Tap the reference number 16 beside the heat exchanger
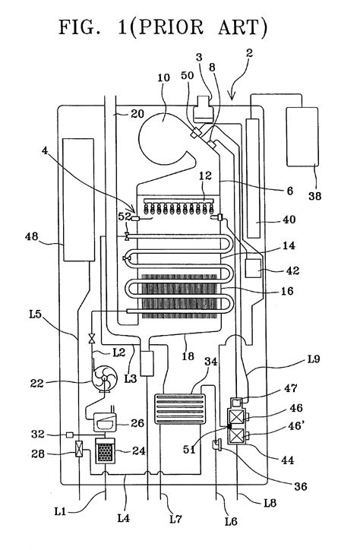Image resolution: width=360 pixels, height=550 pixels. point(273,289)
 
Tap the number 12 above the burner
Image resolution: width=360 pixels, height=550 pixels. point(206,176)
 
